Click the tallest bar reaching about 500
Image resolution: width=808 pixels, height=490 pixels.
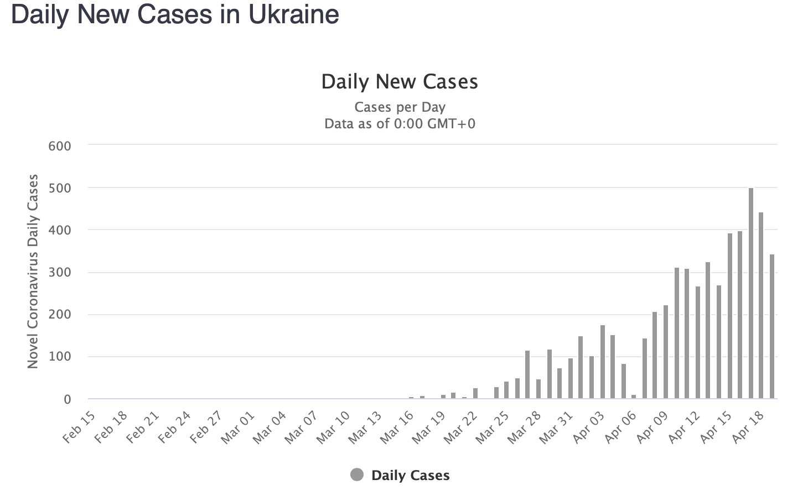coord(751,293)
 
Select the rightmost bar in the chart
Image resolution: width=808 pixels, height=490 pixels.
coord(772,326)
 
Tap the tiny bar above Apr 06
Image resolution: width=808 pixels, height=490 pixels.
coord(634,397)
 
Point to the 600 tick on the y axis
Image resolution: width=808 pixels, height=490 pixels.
coord(60,146)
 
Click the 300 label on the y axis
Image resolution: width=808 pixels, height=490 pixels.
coord(60,273)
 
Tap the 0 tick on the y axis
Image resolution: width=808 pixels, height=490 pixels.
coord(68,399)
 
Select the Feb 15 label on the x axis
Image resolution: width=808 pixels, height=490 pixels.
coord(79,428)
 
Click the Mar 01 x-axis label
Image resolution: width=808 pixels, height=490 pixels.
coord(239,428)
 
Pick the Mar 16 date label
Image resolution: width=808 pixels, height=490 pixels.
coord(397,428)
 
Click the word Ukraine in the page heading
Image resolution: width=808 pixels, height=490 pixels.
coord(293,14)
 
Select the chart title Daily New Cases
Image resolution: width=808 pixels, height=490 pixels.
coord(400,82)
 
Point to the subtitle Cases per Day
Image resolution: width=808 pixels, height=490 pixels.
coord(400,107)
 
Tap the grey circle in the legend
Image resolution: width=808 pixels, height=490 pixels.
coord(357,475)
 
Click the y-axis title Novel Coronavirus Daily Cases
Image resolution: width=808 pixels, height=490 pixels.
coord(33,271)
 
